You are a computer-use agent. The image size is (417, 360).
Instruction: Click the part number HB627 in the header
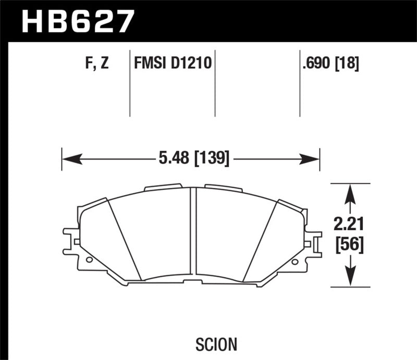(77, 21)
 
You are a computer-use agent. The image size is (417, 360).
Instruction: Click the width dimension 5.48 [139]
(192, 157)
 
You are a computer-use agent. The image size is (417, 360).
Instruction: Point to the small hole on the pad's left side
(89, 259)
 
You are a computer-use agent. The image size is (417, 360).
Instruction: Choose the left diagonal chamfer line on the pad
(126, 240)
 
